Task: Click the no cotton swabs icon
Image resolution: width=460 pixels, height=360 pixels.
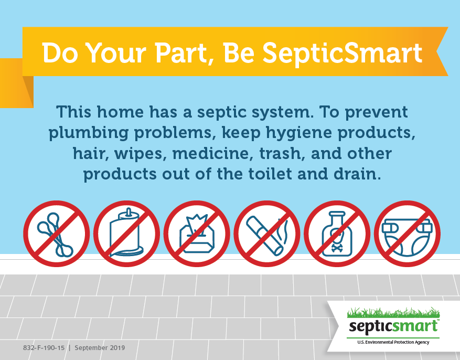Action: (x=56, y=234)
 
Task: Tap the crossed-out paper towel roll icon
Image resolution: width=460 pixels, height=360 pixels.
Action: (x=127, y=234)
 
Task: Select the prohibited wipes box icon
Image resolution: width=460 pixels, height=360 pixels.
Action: (x=197, y=234)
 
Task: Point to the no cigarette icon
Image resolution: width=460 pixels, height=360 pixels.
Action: (x=267, y=234)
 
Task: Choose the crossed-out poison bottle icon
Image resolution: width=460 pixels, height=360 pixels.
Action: (x=337, y=234)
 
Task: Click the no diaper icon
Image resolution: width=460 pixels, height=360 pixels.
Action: (x=407, y=234)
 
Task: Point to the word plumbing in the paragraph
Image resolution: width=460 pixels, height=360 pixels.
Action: (x=88, y=133)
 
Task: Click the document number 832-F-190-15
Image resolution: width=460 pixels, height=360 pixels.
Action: (x=44, y=348)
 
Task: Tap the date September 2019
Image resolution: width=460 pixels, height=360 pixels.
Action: (x=100, y=348)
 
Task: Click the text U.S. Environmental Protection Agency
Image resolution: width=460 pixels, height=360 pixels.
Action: (x=393, y=342)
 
